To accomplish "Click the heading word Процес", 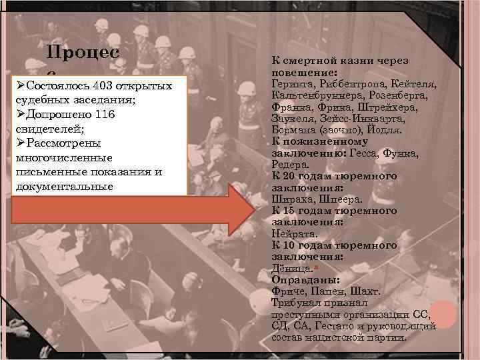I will point(83,53).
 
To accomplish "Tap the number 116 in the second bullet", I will point(105,115).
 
